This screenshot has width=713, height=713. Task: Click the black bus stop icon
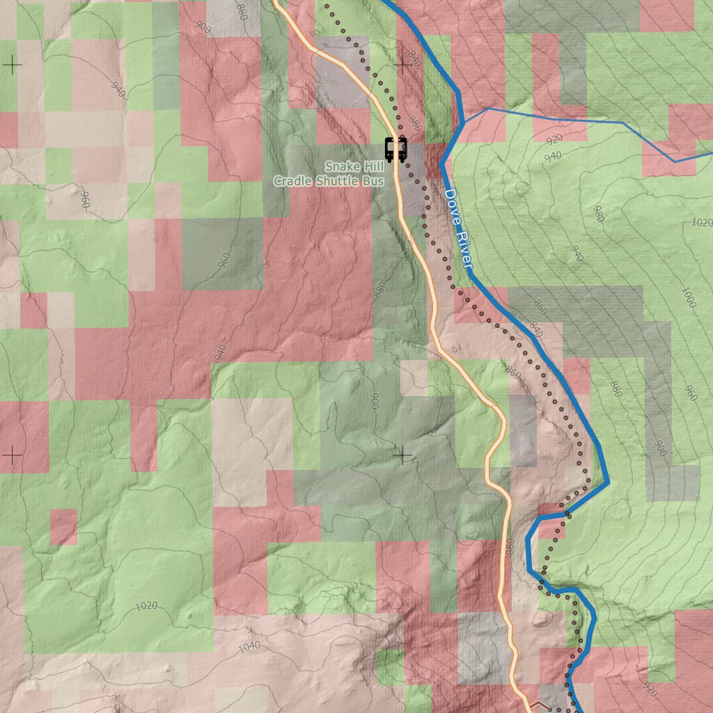395,149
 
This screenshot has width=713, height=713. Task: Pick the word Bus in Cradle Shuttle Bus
375,181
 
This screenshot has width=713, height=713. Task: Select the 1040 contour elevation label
249,646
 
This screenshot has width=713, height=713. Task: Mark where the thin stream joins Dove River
461,124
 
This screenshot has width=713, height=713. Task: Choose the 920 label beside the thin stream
554,139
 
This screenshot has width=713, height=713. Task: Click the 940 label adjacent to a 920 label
552,156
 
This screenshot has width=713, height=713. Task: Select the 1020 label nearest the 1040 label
146,606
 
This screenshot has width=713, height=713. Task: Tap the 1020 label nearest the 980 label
703,223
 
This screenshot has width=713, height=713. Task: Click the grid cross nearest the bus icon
402,65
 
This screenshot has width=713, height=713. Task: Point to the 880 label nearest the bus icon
416,123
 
